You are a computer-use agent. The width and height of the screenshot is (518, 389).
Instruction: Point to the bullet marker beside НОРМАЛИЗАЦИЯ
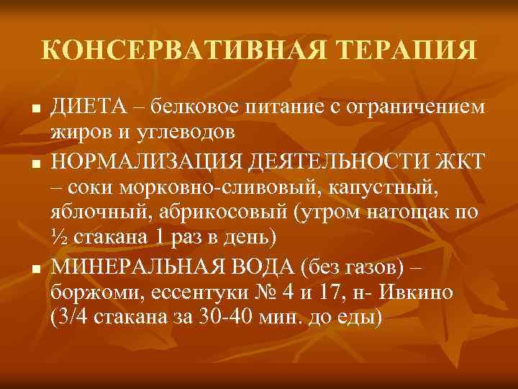point(33,166)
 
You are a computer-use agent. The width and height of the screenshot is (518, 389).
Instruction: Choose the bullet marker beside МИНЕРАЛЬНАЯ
point(33,270)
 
